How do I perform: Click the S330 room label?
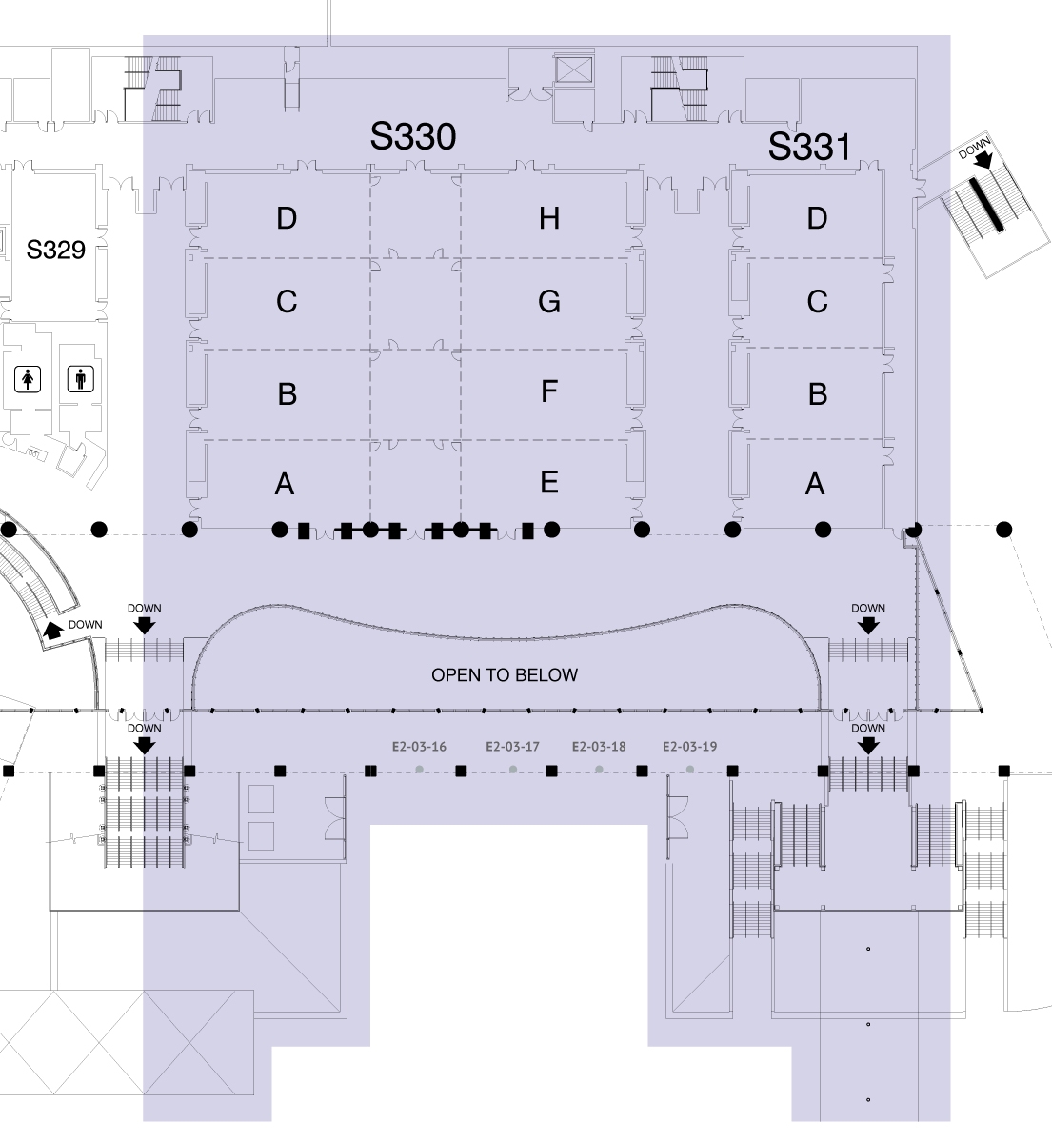(x=413, y=137)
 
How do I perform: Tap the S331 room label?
(x=809, y=147)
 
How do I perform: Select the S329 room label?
(x=56, y=250)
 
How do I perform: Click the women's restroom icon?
(x=28, y=379)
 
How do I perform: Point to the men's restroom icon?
(x=80, y=378)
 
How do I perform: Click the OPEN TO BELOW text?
(x=505, y=675)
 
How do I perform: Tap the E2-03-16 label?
(x=419, y=747)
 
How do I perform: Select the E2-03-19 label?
(x=690, y=747)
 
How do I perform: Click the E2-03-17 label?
(x=512, y=747)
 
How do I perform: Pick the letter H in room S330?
(x=549, y=218)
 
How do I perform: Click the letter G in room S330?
(x=549, y=301)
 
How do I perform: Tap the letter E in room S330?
(x=549, y=482)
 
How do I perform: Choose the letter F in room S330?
(x=549, y=391)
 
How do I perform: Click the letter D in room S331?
(x=817, y=218)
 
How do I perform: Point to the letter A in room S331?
(x=815, y=484)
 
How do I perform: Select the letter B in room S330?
(x=288, y=393)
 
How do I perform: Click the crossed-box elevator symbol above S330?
(x=574, y=70)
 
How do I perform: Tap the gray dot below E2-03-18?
(x=599, y=770)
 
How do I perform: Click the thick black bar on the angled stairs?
(x=986, y=205)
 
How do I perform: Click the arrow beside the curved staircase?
(x=53, y=631)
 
